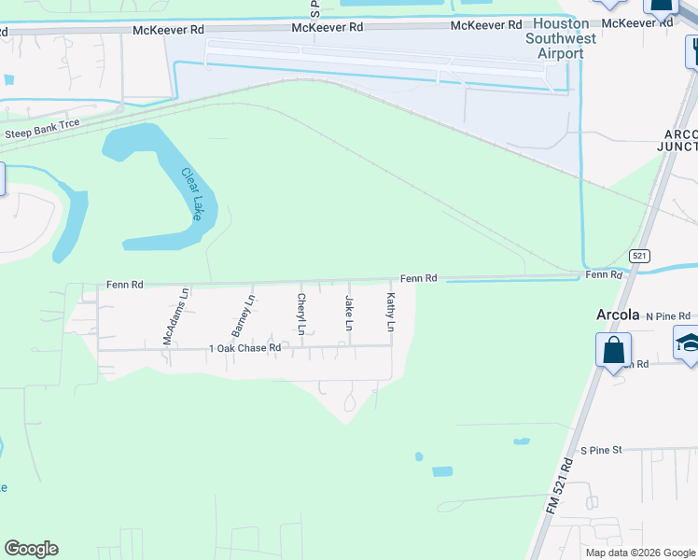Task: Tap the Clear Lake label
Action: pyautogui.click(x=191, y=193)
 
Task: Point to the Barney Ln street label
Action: pyautogui.click(x=243, y=315)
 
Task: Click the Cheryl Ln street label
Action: pyautogui.click(x=300, y=314)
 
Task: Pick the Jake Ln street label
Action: pyautogui.click(x=349, y=313)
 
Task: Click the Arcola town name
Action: pyautogui.click(x=618, y=315)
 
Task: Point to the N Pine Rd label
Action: pyautogui.click(x=667, y=316)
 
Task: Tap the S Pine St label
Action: pyautogui.click(x=601, y=450)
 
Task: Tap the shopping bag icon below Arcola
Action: pyautogui.click(x=613, y=352)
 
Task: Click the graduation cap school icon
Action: pyautogui.click(x=689, y=344)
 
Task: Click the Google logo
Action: pyautogui.click(x=31, y=549)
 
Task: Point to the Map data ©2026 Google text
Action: pyautogui.click(x=640, y=553)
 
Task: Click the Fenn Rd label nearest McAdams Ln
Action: pyautogui.click(x=124, y=284)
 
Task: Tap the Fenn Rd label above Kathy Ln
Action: pyautogui.click(x=419, y=278)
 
